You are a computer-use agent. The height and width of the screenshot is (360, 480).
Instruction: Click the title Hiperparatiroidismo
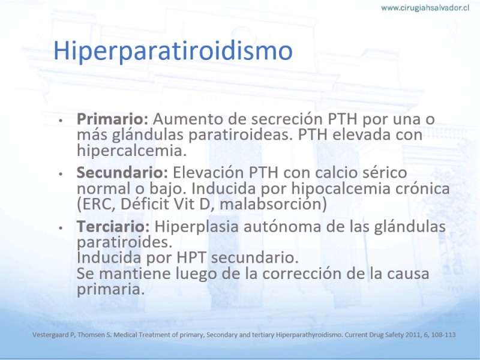click(x=173, y=51)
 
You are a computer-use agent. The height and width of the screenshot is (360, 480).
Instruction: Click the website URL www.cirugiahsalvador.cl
click(x=425, y=8)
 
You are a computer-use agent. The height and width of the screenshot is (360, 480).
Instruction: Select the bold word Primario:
click(x=112, y=119)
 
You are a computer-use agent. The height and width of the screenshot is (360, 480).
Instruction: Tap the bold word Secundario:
click(x=122, y=172)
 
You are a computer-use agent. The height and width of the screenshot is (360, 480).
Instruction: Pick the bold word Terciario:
click(x=113, y=226)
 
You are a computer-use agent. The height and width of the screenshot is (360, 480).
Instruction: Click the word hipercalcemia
click(x=131, y=151)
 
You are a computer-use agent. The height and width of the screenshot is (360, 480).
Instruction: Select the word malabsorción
click(x=273, y=204)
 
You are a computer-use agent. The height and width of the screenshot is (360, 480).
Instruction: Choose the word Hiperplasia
click(x=196, y=227)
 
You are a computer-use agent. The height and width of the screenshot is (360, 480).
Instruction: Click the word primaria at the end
click(x=110, y=289)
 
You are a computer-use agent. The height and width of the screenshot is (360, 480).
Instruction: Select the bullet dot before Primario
click(x=61, y=121)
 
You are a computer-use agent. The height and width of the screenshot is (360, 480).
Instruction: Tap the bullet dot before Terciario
click(x=61, y=228)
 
